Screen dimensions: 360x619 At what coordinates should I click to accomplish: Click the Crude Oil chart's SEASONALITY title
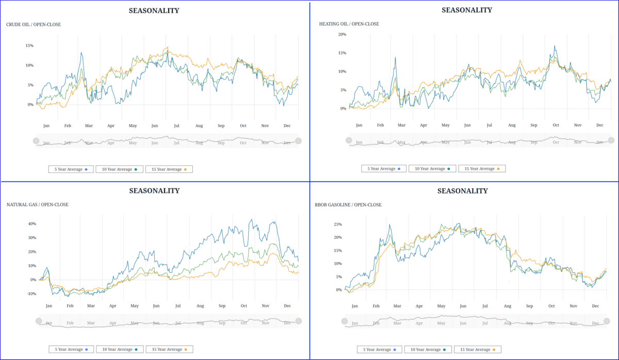tap(154, 10)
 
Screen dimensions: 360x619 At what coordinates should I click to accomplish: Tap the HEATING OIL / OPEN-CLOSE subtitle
tap(349, 24)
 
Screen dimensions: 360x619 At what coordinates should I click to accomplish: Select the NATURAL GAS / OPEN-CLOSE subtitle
tap(37, 205)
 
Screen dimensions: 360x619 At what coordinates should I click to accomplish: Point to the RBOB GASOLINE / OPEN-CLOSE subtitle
tap(348, 205)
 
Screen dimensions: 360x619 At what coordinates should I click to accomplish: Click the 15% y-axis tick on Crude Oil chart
tap(29, 45)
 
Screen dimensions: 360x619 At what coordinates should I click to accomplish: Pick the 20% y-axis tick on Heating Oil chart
tap(342, 34)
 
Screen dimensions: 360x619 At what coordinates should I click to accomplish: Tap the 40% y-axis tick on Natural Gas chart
tap(32, 224)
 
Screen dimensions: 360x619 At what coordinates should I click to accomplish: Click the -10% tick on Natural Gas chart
tap(31, 293)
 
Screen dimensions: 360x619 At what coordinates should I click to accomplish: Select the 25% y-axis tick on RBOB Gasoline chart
tap(338, 224)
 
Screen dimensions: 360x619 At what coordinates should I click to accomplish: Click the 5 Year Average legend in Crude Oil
tap(71, 169)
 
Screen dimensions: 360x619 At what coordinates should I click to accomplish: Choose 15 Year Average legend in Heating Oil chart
tap(482, 169)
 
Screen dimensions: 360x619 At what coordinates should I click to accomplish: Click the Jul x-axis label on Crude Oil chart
tap(177, 125)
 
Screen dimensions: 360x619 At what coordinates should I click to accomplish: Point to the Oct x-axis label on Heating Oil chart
tap(556, 125)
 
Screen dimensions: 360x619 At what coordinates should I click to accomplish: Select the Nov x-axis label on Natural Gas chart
tap(266, 306)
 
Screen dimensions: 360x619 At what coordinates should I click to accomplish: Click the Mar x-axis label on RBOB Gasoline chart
tap(397, 306)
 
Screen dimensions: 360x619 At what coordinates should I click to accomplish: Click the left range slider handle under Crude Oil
tap(36, 141)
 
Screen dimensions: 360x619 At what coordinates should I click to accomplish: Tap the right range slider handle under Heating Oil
tap(611, 140)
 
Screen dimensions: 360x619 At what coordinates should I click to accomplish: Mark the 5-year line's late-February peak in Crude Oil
tap(81, 53)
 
